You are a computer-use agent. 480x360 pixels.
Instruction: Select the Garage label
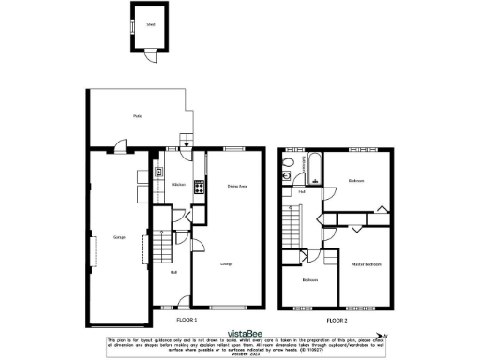click(119, 235)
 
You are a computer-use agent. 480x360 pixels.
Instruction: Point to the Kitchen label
click(177, 185)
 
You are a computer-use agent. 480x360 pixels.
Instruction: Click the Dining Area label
click(236, 186)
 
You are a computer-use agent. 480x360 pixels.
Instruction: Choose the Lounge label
click(226, 264)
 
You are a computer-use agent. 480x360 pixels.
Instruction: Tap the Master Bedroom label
click(366, 264)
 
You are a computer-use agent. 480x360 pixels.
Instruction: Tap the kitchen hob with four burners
click(199, 186)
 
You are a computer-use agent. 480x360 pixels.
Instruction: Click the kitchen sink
click(159, 172)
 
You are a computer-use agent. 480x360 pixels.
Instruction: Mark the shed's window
click(131, 27)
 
